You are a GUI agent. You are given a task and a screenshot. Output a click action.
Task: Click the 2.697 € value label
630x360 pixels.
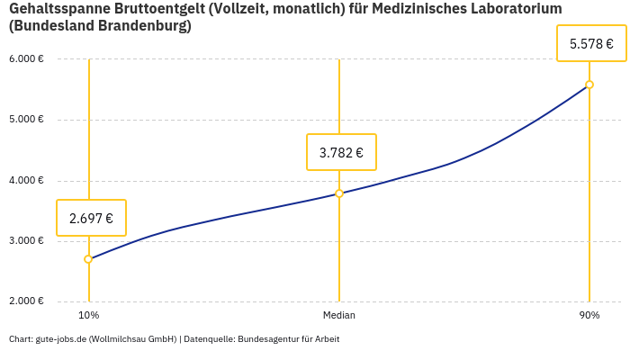91,218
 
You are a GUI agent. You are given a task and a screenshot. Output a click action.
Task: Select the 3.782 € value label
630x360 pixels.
341,152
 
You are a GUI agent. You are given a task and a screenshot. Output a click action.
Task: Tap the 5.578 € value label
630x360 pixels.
591,43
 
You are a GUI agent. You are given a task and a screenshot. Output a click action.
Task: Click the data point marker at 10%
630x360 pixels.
88,259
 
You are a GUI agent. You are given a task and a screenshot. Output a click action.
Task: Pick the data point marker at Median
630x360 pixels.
339,193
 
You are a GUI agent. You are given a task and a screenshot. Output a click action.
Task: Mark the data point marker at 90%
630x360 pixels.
589,85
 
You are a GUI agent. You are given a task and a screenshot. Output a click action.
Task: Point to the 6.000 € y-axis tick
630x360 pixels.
26,59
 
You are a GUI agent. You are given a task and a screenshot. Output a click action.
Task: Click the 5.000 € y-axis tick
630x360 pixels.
26,120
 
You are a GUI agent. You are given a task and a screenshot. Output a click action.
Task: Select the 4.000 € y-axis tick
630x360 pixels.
26,180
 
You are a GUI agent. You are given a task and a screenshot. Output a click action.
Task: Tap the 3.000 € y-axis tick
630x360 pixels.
26,241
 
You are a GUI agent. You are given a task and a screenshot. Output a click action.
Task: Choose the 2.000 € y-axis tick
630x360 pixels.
26,301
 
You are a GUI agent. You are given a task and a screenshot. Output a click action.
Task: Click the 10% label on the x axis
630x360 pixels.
88,316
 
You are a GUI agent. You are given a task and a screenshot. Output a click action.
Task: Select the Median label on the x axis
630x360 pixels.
339,316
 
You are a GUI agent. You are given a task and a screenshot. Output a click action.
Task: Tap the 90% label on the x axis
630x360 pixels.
589,316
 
